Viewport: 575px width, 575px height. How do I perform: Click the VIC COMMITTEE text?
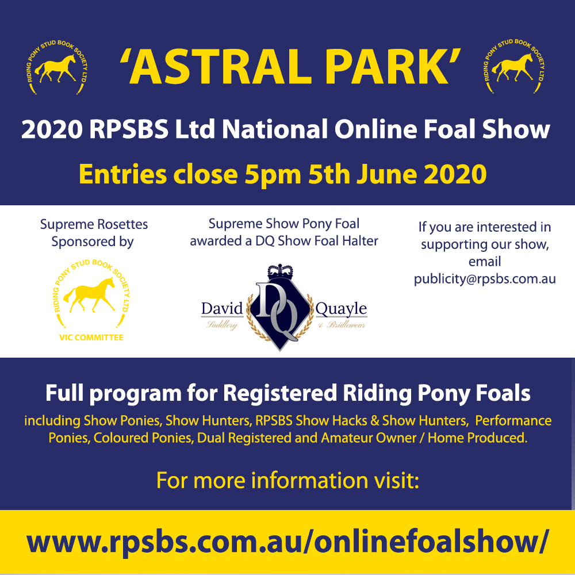[x=91, y=338]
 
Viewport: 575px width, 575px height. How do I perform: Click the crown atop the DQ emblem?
[x=280, y=272]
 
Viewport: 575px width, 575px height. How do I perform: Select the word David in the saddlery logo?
[x=222, y=309]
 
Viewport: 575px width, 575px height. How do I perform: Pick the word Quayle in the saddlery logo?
[x=341, y=309]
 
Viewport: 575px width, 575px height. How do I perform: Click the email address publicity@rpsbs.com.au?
[x=485, y=279]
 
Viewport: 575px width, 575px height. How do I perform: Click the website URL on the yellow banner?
[x=287, y=542]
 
